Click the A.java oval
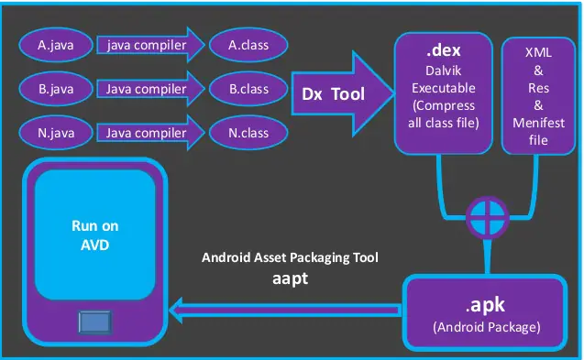pyautogui.click(x=56, y=43)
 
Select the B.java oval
pyautogui.click(x=56, y=89)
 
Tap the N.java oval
pyautogui.click(x=56, y=133)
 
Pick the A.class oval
pyautogui.click(x=248, y=43)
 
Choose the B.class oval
pyautogui.click(x=248, y=89)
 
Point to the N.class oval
pyautogui.click(x=248, y=133)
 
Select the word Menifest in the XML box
pyautogui.click(x=539, y=123)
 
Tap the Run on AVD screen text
pyautogui.click(x=95, y=234)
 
